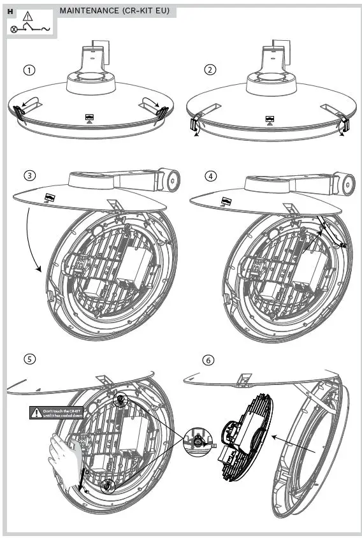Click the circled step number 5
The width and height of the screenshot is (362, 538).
[x=29, y=359]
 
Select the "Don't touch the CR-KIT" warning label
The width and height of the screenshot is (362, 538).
[x=57, y=413]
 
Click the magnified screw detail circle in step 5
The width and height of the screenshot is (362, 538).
[x=198, y=440]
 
